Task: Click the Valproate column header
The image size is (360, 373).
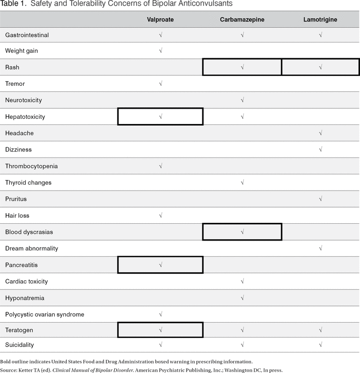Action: tap(160, 20)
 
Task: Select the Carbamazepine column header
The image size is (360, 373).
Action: tap(242, 20)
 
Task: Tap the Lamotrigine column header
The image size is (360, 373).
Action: tap(320, 20)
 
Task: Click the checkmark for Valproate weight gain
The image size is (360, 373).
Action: tap(160, 51)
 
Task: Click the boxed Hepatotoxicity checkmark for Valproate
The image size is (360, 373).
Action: tap(160, 117)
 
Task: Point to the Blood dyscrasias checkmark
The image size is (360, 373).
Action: tap(242, 232)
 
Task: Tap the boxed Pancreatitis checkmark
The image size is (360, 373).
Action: tap(160, 265)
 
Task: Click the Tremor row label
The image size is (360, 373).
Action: tap(15, 84)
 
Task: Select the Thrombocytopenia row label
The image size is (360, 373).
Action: tap(31, 166)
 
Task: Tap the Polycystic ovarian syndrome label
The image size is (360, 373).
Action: tap(45, 314)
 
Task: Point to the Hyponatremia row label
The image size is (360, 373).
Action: tap(25, 298)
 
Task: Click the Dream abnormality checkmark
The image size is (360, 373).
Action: tap(320, 249)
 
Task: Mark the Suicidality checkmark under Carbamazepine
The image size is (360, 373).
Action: tap(242, 345)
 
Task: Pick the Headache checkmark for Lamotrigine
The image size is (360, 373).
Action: tap(320, 133)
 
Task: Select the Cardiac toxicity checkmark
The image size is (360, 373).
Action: tap(242, 282)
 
